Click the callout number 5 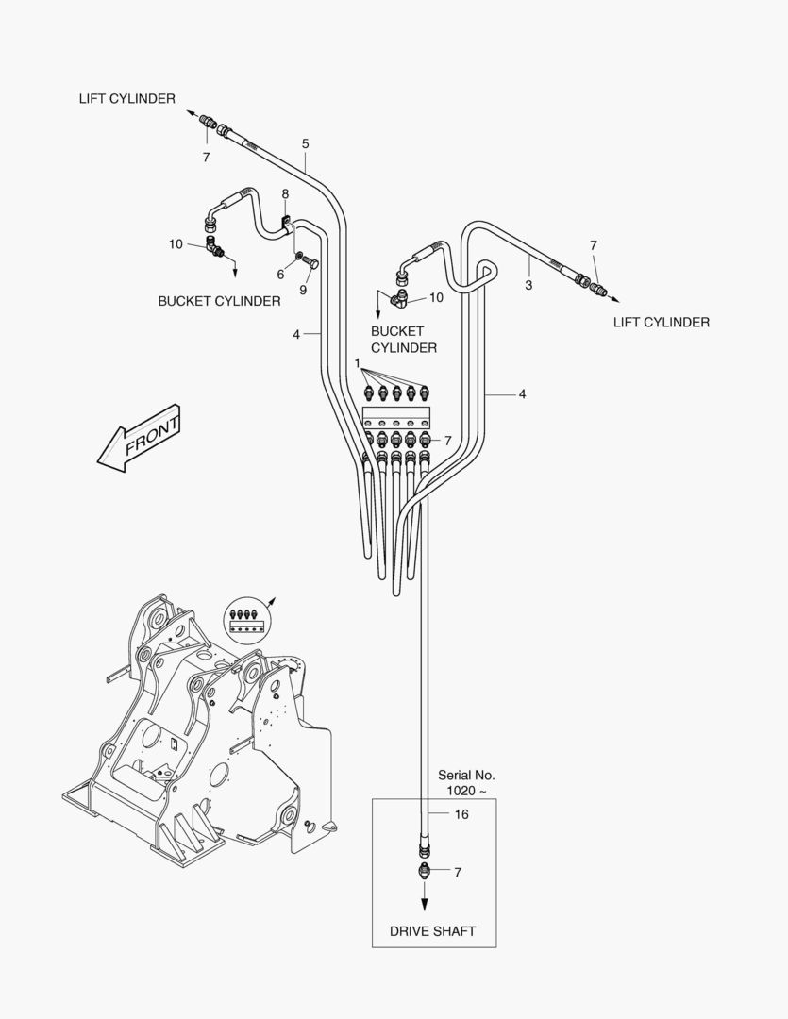tap(305, 143)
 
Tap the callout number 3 tap(528, 284)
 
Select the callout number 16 tap(461, 814)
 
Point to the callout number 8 tap(285, 194)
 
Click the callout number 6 tap(280, 274)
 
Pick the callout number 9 tap(303, 290)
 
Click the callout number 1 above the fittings tap(358, 362)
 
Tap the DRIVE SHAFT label tap(432, 931)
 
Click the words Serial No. tap(466, 775)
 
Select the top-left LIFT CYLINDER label tap(126, 99)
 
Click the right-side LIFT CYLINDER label tap(661, 322)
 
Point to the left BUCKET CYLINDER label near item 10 tap(219, 301)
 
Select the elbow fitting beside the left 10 tap(216, 249)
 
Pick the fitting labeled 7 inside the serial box tap(425, 870)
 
